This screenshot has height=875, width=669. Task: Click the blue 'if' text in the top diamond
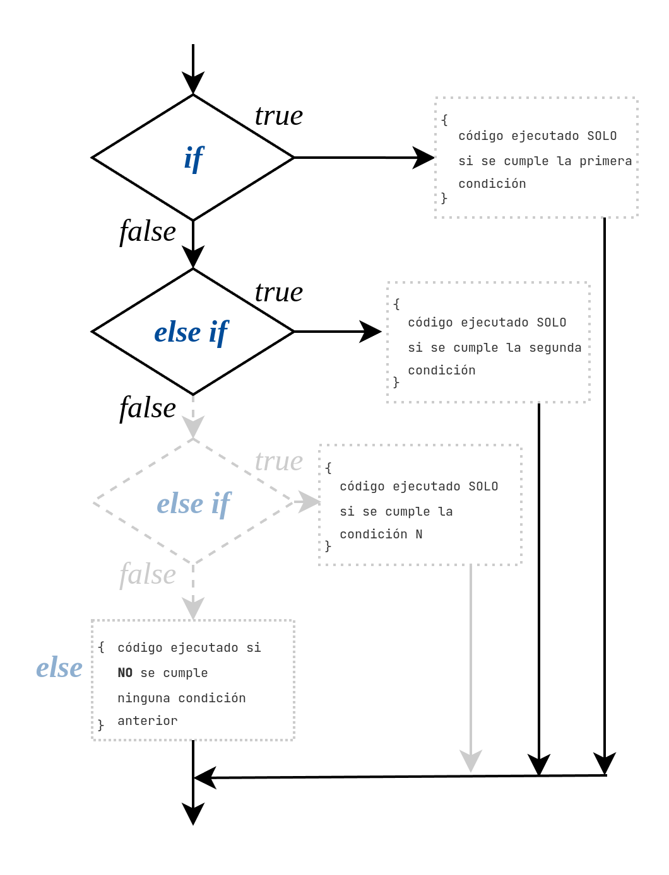coord(194,158)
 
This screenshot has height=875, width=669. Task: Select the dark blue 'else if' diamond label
coord(191,332)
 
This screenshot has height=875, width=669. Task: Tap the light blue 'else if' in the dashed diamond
coord(194,504)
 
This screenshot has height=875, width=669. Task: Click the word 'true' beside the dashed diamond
coord(278,461)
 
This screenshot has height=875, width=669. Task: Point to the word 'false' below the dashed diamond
coord(148,574)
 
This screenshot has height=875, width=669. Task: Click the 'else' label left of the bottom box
coord(59,667)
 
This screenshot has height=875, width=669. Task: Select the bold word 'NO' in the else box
coord(125,673)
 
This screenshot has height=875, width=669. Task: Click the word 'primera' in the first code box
coord(605,161)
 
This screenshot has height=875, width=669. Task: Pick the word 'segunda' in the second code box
coord(555,347)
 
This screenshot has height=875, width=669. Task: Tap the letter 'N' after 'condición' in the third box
coord(418,534)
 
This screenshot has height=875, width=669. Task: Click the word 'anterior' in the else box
coord(148,721)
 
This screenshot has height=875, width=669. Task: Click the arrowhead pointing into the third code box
coord(309,502)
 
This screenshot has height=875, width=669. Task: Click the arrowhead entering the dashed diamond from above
coord(193,427)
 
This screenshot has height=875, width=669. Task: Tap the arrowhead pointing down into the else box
coord(193,608)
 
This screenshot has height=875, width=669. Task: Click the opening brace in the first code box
coord(444,120)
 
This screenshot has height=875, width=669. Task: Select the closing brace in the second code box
coord(396,382)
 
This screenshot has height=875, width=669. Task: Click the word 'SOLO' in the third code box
coord(483,486)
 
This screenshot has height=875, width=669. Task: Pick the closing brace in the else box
coord(101,725)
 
